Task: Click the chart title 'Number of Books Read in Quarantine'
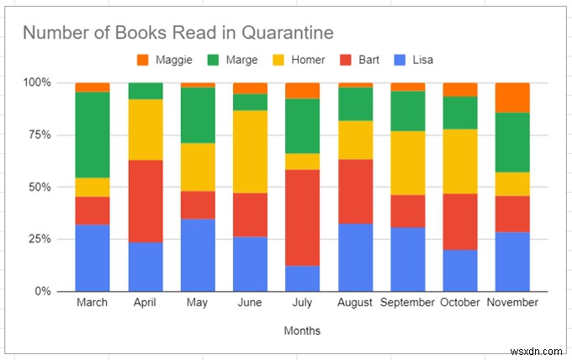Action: [177, 33]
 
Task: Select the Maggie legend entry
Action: [166, 60]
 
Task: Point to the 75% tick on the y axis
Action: [37, 135]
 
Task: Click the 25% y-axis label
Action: [37, 240]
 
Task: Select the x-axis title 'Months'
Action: [303, 331]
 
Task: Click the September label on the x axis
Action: [407, 303]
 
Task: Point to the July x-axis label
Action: [302, 303]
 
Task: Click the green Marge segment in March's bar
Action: [93, 135]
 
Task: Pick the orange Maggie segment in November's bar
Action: [512, 98]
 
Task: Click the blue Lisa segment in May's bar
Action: [198, 255]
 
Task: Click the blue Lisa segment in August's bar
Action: [355, 257]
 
